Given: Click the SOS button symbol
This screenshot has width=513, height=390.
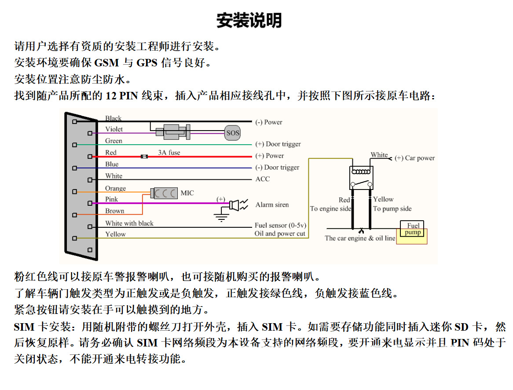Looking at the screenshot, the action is coord(233,133).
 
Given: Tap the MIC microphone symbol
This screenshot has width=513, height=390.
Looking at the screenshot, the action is coord(164,193).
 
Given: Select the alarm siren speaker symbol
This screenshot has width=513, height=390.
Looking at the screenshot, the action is coord(238,205).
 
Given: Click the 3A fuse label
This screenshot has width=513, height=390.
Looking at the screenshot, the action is coord(169,152).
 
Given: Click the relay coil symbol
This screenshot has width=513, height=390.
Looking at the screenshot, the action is coord(361,171).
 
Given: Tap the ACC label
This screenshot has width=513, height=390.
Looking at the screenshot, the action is coord(263,179).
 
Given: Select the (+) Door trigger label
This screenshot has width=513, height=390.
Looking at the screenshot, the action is coord(278,144).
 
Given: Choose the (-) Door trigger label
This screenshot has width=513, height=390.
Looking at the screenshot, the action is coord(277,168).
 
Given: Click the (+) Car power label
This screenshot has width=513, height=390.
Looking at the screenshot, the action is coord(415,158).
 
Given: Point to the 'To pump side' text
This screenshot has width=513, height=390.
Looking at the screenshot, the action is coord(392,208).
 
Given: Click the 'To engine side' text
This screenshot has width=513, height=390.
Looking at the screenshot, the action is coord(330,208).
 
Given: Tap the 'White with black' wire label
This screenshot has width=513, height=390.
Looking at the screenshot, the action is coord(129,223).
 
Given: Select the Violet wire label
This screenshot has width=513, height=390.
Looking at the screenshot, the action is coord(114,129).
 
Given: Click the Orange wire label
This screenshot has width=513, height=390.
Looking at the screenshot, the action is coord(115,188).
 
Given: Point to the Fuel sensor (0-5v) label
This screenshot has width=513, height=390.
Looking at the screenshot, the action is coord(280,225).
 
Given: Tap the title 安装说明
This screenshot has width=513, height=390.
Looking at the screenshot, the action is coord(249,20).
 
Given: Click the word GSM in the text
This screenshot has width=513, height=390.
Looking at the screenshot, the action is coord(106,62).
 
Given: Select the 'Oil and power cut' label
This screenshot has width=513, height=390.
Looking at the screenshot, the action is coord(280,233).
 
